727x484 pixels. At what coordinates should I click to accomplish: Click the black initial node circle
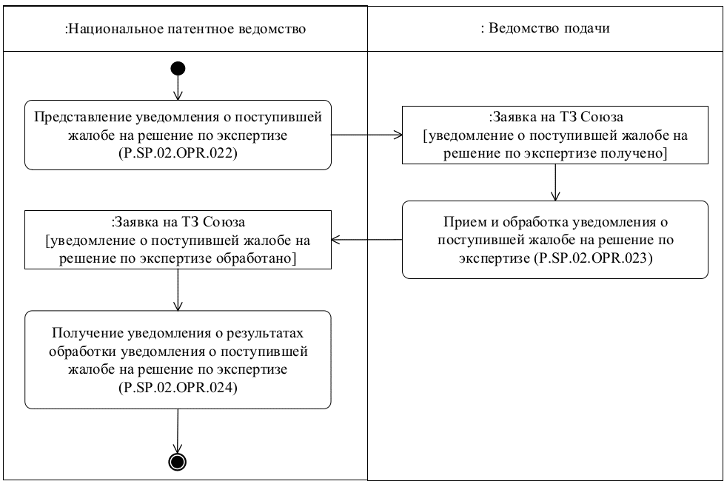[x=178, y=69]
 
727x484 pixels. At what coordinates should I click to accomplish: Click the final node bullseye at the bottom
[x=178, y=462]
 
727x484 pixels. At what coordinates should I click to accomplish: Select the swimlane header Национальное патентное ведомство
[x=186, y=29]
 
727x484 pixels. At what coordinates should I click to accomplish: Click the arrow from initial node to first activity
[x=178, y=89]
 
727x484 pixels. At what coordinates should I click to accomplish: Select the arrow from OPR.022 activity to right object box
[x=366, y=135]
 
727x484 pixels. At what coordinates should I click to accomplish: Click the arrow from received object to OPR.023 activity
[x=555, y=182]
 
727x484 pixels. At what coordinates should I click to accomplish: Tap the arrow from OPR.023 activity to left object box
[x=366, y=240]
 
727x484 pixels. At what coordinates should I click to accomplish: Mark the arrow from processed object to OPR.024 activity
[x=178, y=289]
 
